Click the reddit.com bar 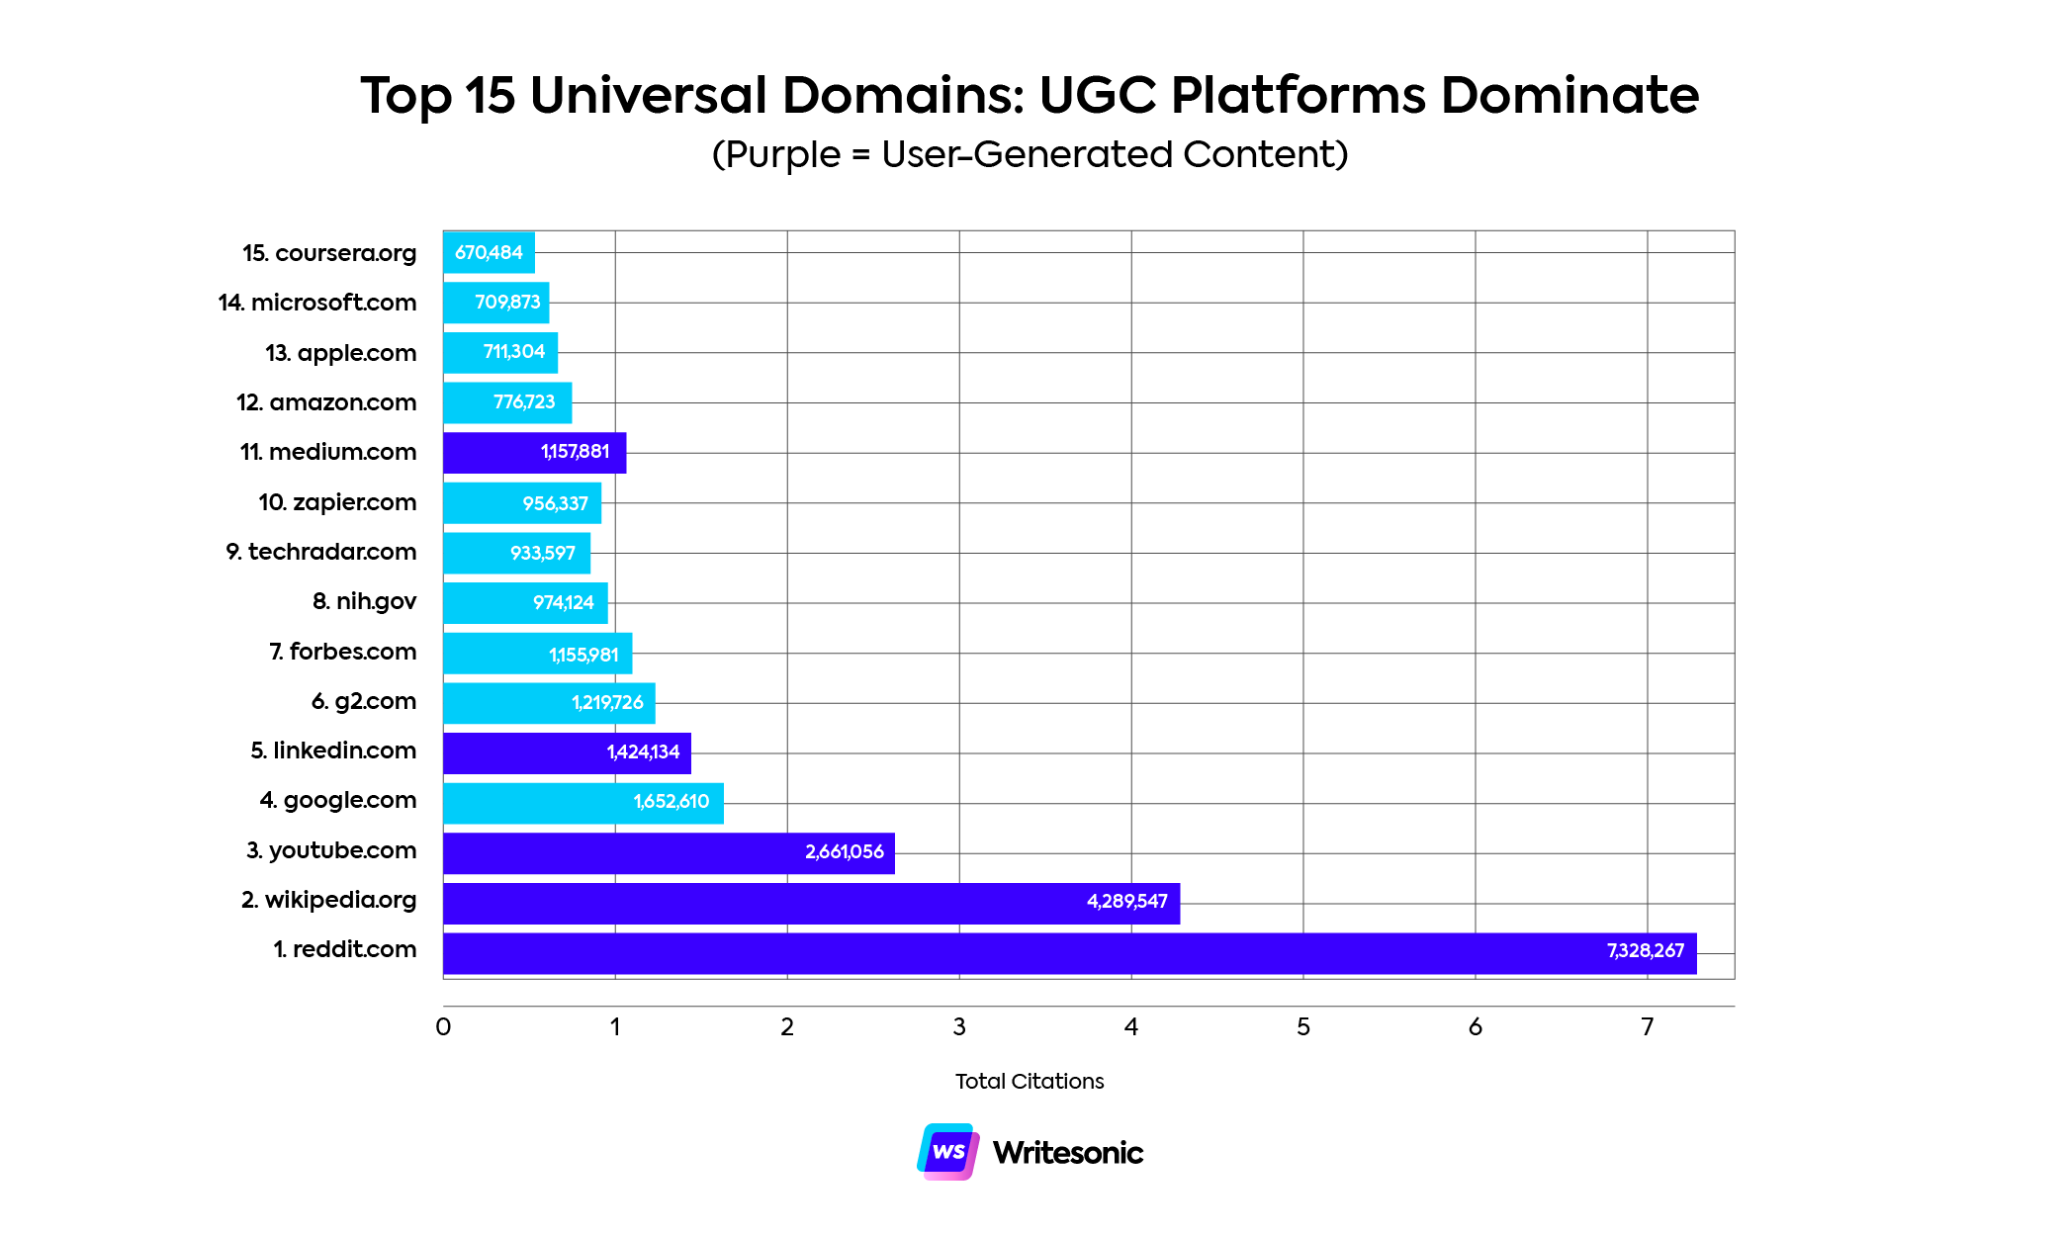(1068, 953)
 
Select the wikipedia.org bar (811, 903)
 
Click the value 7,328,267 (1645, 951)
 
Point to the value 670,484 (489, 252)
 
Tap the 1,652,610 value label (672, 802)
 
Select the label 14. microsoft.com (317, 303)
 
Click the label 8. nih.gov (364, 601)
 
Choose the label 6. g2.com (363, 701)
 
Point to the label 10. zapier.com (337, 502)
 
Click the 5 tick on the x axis (1303, 1027)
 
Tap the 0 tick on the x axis (443, 1027)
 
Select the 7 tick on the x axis (1647, 1027)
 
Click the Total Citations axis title (1029, 1081)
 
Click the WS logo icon (948, 1151)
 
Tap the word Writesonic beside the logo (1067, 1153)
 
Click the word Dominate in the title (1569, 96)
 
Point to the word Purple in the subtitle (783, 155)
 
